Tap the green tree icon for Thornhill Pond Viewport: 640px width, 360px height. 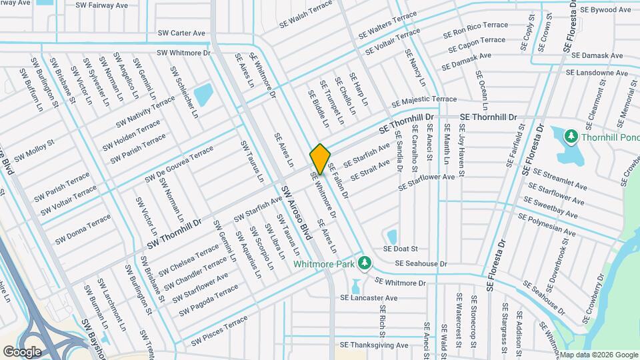[571, 137]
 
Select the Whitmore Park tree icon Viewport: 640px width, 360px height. [364, 263]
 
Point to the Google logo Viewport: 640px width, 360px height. [22, 351]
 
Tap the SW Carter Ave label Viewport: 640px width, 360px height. [181, 33]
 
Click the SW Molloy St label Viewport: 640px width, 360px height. [34, 149]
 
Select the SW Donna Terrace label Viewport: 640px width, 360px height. [83, 229]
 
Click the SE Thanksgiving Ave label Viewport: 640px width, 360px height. [373, 345]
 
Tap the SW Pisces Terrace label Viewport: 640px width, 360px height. [219, 333]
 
